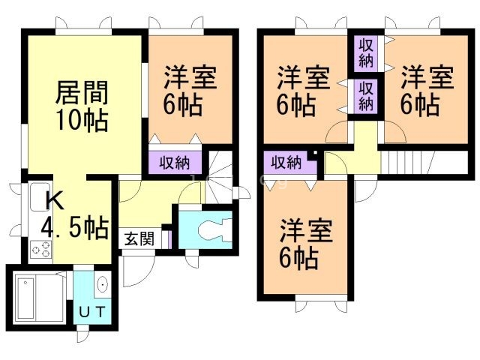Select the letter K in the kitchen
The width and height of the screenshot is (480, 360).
click(x=53, y=200)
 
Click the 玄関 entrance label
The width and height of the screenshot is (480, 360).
click(x=139, y=239)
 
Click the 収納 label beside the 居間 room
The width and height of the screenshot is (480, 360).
click(x=174, y=161)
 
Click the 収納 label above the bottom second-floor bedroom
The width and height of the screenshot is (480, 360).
click(x=286, y=161)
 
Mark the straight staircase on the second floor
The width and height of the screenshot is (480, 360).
click(x=409, y=161)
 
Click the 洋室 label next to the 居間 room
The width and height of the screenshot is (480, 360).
click(x=190, y=79)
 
